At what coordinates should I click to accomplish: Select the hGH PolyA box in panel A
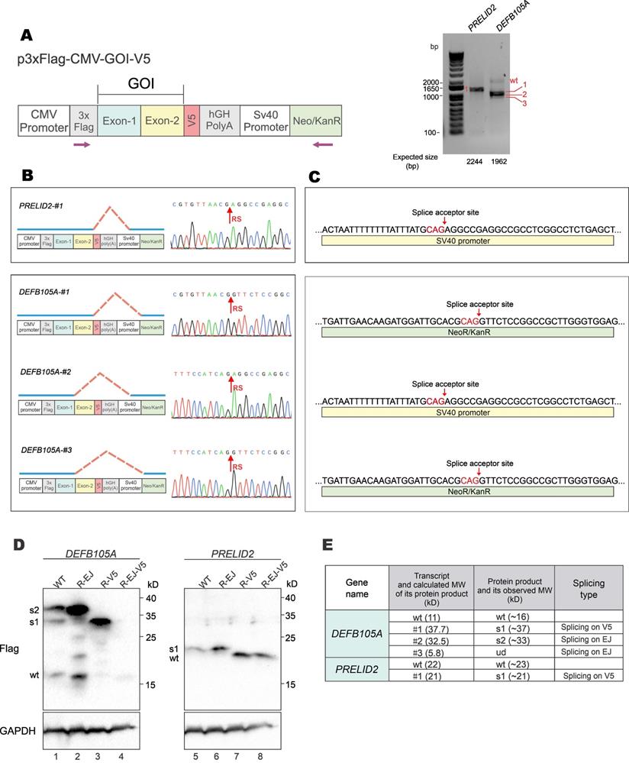click(x=221, y=121)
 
